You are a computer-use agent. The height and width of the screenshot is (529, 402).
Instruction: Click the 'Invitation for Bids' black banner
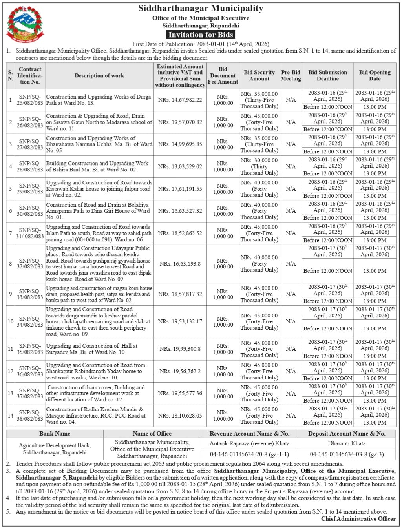click(201, 35)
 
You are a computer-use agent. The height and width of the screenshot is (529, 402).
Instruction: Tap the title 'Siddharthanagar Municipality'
click(201, 9)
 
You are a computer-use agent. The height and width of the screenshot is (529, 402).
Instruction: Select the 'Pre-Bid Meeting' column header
click(291, 75)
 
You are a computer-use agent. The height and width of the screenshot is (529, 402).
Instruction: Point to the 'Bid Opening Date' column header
click(375, 75)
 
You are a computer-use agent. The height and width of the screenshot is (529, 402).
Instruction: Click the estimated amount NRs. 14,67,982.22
click(180, 100)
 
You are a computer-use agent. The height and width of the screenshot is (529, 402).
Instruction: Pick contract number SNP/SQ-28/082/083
click(30, 166)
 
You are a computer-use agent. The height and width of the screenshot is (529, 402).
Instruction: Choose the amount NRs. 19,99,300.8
click(180, 349)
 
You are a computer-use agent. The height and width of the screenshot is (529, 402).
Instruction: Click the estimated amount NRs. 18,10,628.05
click(180, 416)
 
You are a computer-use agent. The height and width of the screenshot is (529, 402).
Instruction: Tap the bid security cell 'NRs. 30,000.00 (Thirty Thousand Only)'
click(259, 166)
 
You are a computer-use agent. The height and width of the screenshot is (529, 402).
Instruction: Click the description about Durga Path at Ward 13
click(98, 100)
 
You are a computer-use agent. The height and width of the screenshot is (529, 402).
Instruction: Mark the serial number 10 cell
click(11, 321)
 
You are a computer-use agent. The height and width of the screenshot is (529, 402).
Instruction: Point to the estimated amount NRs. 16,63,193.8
click(180, 264)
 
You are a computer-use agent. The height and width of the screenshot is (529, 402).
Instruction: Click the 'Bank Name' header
click(55, 434)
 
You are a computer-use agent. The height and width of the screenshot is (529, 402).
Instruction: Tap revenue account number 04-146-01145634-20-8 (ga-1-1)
click(249, 454)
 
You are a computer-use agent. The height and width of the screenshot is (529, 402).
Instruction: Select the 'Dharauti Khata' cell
click(347, 443)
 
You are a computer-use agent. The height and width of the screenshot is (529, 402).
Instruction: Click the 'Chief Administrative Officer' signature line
click(358, 519)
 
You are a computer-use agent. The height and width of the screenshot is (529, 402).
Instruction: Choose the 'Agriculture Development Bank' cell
click(55, 449)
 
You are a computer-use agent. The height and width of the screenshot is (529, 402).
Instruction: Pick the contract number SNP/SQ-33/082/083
click(30, 294)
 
